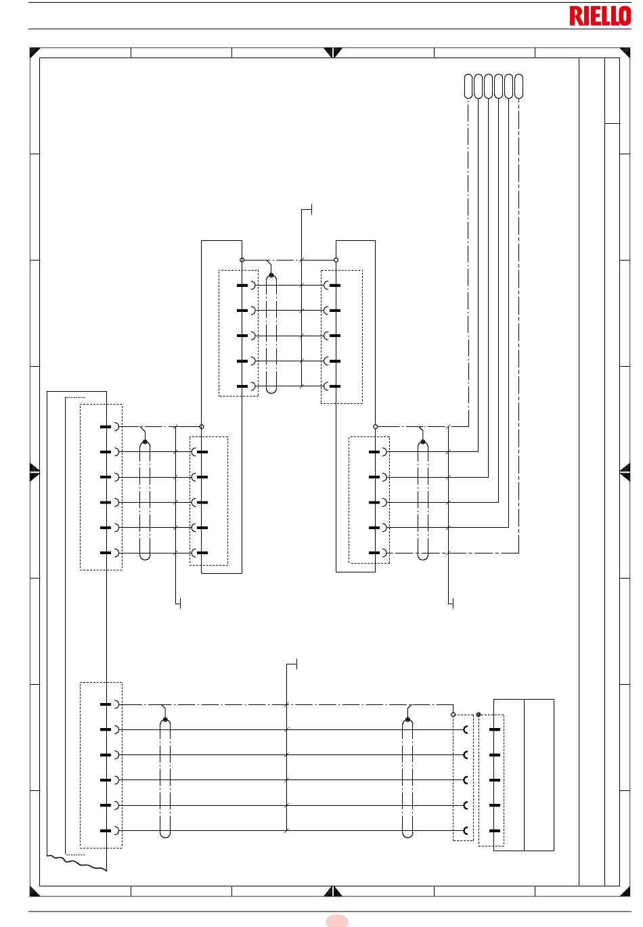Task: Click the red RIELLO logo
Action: pyautogui.click(x=600, y=16)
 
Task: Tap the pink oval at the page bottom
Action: pyautogui.click(x=336, y=920)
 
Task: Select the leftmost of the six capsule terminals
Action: pyautogui.click(x=468, y=86)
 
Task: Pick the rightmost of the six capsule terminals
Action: pyautogui.click(x=518, y=86)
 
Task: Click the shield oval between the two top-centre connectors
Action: pyautogui.click(x=271, y=333)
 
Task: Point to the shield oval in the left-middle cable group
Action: pyautogui.click(x=145, y=500)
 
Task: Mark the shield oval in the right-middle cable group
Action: pyautogui.click(x=423, y=500)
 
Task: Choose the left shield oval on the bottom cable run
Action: pyautogui.click(x=165, y=778)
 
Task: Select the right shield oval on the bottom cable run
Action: pyautogui.click(x=407, y=778)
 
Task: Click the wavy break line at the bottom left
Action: pyautogui.click(x=76, y=863)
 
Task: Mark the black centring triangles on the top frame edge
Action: pyautogui.click(x=333, y=53)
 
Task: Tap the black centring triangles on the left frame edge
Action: pyautogui.click(x=35, y=472)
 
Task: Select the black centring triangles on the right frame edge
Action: pyautogui.click(x=625, y=472)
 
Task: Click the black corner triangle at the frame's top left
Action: pyautogui.click(x=34, y=51)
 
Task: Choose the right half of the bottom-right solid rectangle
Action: pyautogui.click(x=539, y=775)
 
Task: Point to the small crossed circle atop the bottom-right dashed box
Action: pyautogui.click(x=479, y=715)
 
